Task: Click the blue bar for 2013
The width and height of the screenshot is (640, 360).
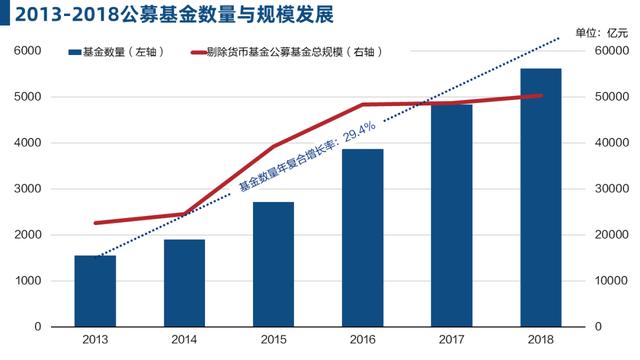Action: tap(95, 291)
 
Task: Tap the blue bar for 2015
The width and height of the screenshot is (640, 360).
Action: tap(273, 264)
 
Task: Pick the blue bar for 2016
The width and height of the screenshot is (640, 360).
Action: tap(363, 238)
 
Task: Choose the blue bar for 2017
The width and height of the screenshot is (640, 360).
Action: tap(452, 215)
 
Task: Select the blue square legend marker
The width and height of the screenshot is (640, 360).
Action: tap(74, 51)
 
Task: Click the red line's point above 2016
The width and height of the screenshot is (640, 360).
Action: tap(363, 104)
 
